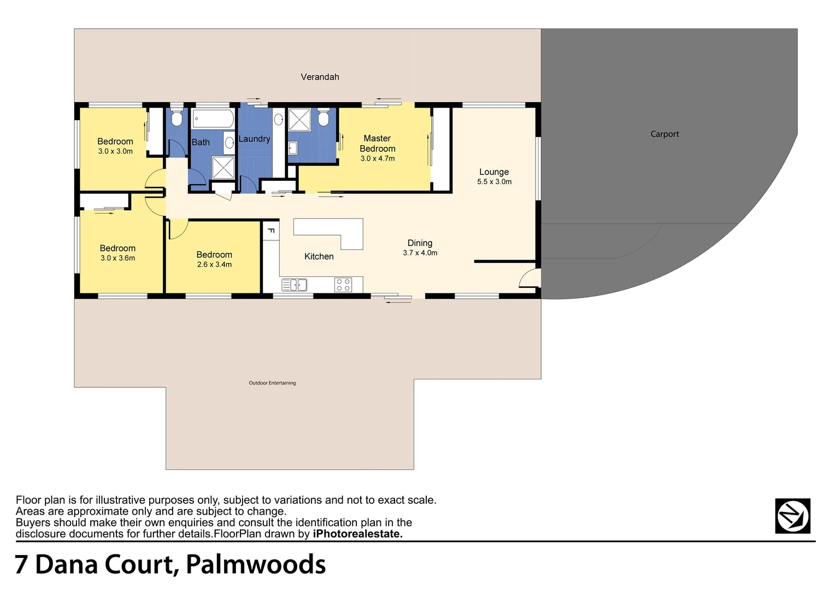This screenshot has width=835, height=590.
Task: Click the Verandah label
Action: click(x=320, y=77)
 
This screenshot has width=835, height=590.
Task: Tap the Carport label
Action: click(x=665, y=134)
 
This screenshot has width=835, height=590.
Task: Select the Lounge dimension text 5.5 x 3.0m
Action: click(x=494, y=182)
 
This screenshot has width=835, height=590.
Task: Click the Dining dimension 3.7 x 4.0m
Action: click(x=420, y=253)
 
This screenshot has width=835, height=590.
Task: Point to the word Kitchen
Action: click(x=319, y=256)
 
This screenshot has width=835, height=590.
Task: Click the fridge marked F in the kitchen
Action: click(x=271, y=231)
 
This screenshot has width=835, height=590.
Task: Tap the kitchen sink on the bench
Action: click(x=294, y=285)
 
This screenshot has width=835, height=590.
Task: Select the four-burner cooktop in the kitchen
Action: click(x=343, y=285)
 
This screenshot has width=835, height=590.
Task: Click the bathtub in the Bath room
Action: click(x=213, y=119)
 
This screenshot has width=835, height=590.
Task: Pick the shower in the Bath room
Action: click(x=223, y=167)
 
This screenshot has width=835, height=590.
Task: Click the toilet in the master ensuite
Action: click(x=324, y=117)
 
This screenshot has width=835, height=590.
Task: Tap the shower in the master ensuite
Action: click(x=299, y=120)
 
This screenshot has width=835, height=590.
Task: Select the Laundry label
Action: click(x=254, y=139)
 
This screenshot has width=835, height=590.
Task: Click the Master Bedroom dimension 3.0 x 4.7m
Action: click(x=377, y=159)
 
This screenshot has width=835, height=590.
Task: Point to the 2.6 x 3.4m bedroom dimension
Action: click(x=214, y=264)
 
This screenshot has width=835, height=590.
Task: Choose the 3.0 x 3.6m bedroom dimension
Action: click(x=117, y=258)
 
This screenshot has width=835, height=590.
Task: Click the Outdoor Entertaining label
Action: click(x=272, y=383)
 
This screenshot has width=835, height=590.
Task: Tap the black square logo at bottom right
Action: click(x=792, y=516)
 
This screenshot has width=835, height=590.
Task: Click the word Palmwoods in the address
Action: click(x=256, y=564)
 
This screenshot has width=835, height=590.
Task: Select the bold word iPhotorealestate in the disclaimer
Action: click(x=357, y=534)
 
